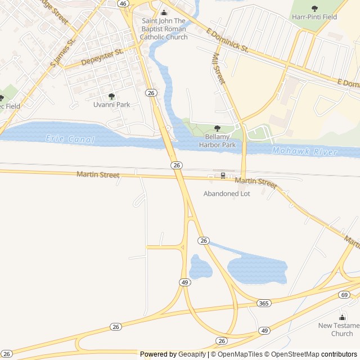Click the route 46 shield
coord(123,3)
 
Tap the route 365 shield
coord(263,303)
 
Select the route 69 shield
coord(344,295)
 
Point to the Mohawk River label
coord(304,152)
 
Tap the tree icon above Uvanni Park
coord(111,96)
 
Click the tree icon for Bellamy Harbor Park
coord(217,129)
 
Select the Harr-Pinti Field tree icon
coord(314,8)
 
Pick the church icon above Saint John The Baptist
coord(164,13)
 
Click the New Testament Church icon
coord(342,317)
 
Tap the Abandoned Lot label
coord(227,193)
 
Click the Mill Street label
coord(218,69)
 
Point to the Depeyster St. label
coord(102,57)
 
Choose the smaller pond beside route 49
coord(200,267)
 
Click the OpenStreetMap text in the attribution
coord(295,354)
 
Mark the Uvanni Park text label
coord(111,105)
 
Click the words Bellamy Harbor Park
coord(217,141)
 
